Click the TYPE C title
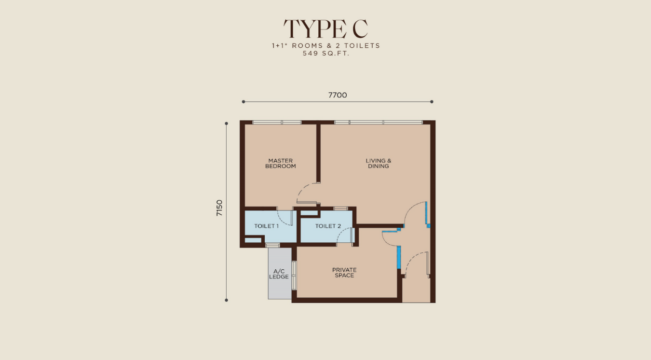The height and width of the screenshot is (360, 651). coord(326,28)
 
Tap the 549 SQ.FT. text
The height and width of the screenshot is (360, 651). coord(326,54)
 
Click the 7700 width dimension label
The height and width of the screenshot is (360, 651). coord(338,95)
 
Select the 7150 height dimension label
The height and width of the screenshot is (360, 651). coord(219,208)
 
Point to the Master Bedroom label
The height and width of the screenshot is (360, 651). coord(281,164)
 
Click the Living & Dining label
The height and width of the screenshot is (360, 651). coord(379,164)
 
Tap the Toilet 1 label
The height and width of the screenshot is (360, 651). coord(267,226)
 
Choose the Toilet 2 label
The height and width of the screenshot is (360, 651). coord(328,226)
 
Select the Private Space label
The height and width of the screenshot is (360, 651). coord(344,273)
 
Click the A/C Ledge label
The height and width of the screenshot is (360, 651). coord(279,274)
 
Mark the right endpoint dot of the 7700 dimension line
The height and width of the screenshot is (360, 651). coord(432,102)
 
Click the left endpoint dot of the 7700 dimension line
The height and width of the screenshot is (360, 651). coord(244,102)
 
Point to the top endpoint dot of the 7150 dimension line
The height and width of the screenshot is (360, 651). coord(226,124)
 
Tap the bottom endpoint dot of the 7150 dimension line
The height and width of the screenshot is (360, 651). coord(226,300)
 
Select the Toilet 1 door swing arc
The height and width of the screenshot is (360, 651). coord(281,220)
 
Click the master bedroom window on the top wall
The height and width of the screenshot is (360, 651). coord(277,123)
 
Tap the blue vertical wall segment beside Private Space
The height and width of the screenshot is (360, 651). coord(399,257)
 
